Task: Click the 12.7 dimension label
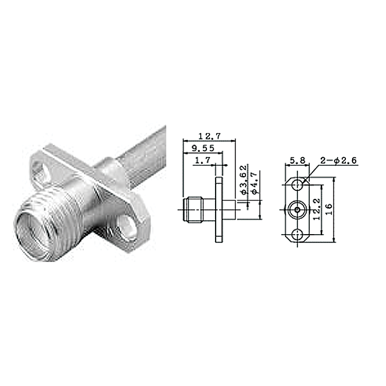coord(210,136)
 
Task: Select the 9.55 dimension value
coord(203,148)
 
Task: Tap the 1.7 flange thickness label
coord(203,161)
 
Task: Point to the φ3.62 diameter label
coord(244,180)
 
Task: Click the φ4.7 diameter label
coord(255,183)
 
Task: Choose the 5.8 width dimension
coord(297,161)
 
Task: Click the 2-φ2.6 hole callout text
coord(339,161)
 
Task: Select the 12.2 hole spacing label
coord(317,209)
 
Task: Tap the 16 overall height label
coord(329,209)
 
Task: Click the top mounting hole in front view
coord(297,185)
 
